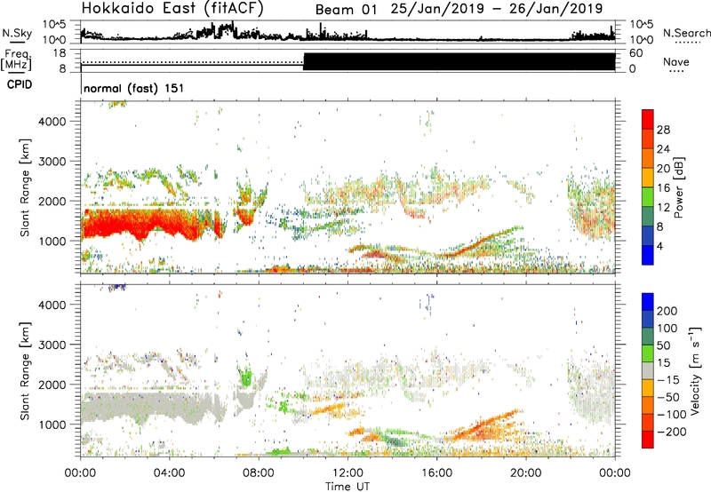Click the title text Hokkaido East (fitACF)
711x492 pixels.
pos(164,10)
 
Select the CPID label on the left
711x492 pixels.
pos(17,83)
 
